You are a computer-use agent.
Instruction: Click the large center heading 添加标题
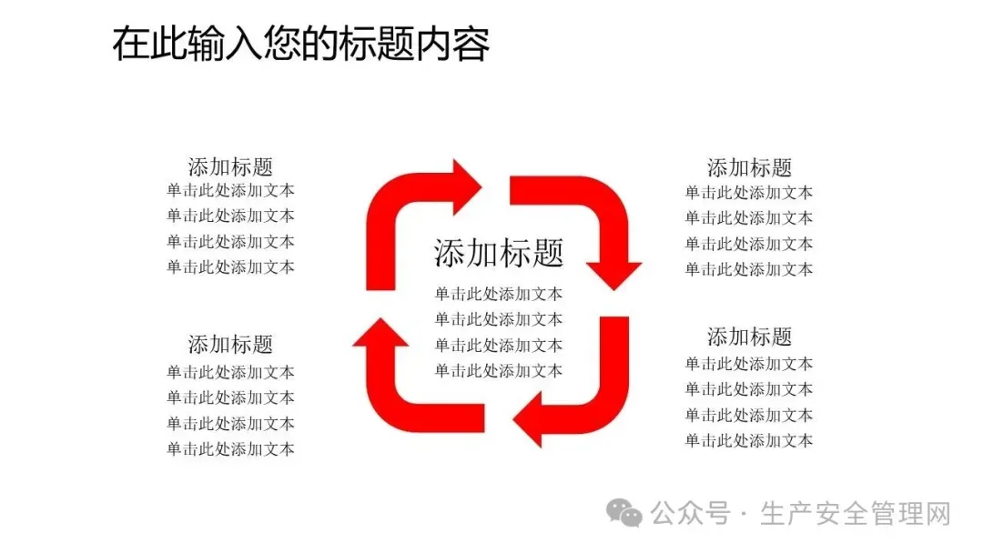(x=499, y=252)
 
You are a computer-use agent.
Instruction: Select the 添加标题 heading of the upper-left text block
(x=230, y=167)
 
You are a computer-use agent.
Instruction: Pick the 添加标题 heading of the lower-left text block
(x=230, y=345)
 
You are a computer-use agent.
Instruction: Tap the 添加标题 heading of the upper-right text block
(x=749, y=167)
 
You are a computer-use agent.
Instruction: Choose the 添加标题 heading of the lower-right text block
(x=749, y=337)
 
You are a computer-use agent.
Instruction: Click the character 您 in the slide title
(x=301, y=44)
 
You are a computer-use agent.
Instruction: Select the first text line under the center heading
(x=498, y=294)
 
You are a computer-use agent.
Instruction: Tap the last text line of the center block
(x=498, y=370)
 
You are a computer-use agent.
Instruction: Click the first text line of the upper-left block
(x=230, y=191)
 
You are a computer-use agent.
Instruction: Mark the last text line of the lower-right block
(x=749, y=441)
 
